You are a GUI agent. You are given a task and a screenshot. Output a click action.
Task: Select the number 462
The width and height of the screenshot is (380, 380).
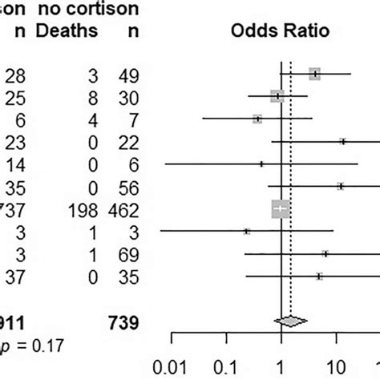coord(126,210)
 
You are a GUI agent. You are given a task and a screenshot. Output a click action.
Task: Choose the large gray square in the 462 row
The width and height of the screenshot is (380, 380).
coord(280,209)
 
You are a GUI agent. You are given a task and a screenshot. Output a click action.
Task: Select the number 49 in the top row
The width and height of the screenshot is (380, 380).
coord(131,75)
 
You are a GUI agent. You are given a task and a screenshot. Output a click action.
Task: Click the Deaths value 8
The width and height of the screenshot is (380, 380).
coord(92,98)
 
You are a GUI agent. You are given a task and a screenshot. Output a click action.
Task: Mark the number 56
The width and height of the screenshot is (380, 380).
coord(131,188)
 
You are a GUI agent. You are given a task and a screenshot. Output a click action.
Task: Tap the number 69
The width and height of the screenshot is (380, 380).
coord(131,254)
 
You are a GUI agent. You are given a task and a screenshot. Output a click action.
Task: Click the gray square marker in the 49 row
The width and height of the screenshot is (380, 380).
coord(315,74)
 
